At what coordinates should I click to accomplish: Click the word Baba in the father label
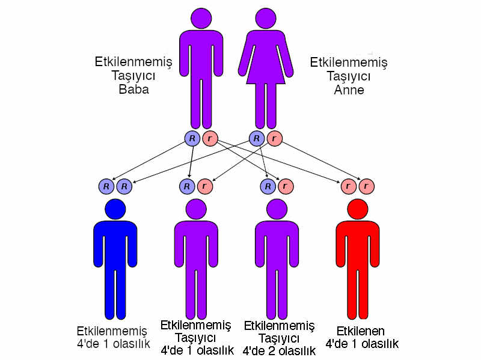coord(133,90)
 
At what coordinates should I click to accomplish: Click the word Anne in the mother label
coord(349,90)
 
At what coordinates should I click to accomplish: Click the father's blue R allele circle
coord(192,139)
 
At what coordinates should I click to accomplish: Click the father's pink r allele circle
coord(210,139)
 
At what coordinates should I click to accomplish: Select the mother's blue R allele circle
coord(257,139)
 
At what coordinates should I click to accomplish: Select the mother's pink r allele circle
coord(274,139)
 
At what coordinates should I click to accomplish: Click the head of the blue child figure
coord(115,209)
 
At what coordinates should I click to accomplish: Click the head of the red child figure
coord(358,209)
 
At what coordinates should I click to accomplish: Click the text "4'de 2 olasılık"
coord(279,350)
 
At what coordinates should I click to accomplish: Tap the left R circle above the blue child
coord(106,186)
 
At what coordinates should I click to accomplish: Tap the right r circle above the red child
coord(366,186)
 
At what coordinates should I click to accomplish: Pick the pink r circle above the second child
coord(204,186)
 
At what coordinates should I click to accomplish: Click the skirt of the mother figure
coord(265,72)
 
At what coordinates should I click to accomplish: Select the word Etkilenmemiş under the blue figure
coord(112,331)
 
